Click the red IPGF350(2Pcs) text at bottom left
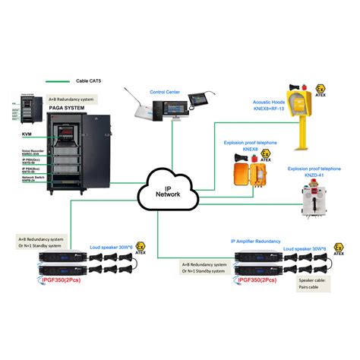[69, 281]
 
